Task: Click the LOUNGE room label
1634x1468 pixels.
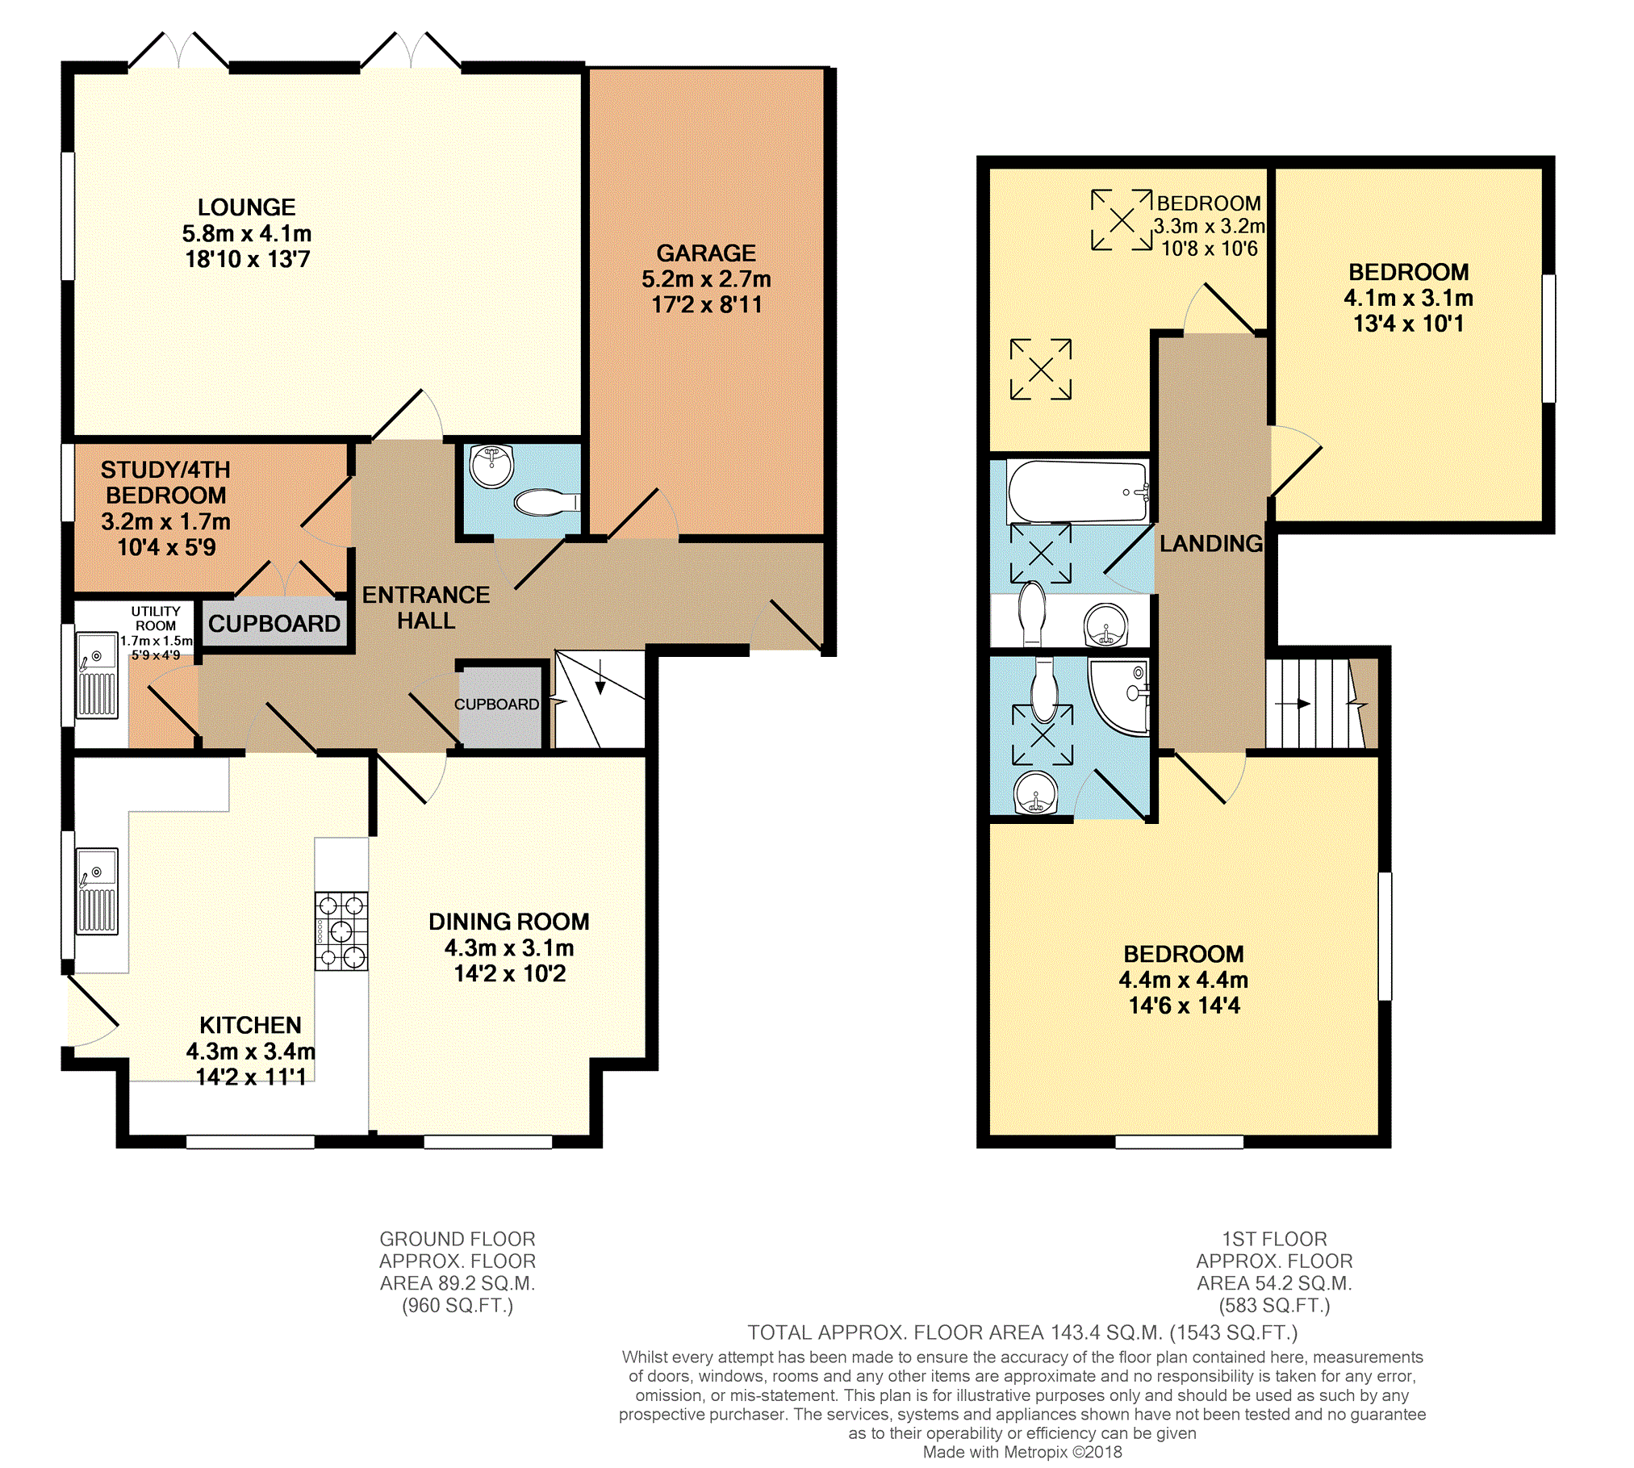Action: [x=247, y=207]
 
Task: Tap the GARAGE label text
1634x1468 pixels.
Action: [x=706, y=253]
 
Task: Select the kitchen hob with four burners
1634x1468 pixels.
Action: [x=341, y=931]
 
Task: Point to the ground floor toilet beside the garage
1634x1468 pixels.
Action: [x=547, y=503]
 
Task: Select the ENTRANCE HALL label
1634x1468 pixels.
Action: [x=426, y=608]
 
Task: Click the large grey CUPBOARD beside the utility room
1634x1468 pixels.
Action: [x=274, y=623]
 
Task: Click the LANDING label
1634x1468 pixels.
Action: [x=1211, y=544]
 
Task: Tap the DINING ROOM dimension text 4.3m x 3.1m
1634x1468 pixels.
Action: [x=509, y=947]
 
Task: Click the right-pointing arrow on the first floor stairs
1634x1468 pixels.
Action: [x=1293, y=704]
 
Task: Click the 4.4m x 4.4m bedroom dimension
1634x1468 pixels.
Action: [x=1184, y=980]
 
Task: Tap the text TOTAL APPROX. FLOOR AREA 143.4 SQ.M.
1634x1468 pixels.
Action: [x=955, y=1332]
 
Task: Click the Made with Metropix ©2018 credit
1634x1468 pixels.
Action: [x=1022, y=1452]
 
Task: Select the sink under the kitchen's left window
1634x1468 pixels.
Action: [x=97, y=891]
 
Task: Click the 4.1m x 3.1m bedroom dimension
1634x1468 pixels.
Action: [x=1409, y=298]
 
